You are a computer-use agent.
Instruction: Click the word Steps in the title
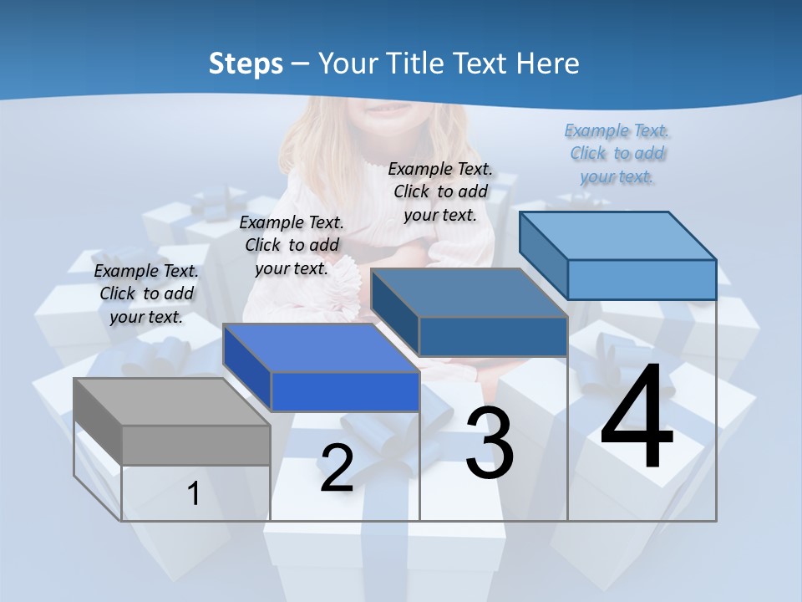[x=245, y=64]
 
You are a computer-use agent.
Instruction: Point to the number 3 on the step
[x=490, y=442]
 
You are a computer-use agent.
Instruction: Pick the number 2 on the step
[x=337, y=467]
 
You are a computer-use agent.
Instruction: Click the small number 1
[x=194, y=493]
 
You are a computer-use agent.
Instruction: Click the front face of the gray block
[x=196, y=445]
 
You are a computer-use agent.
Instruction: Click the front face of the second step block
[x=345, y=391]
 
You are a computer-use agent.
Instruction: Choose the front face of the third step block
[x=493, y=336]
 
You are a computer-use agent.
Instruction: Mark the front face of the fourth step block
[x=642, y=279]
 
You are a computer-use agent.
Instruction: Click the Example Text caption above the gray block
[x=147, y=293]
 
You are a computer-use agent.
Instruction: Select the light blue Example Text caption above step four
[x=617, y=153]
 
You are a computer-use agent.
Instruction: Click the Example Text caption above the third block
[x=440, y=191]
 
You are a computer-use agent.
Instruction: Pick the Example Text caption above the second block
[x=292, y=245]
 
